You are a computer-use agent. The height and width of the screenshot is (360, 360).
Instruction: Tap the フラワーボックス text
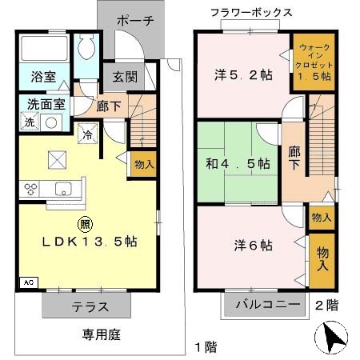coord(250,12)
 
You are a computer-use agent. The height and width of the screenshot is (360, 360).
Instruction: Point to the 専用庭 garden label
coord(99,334)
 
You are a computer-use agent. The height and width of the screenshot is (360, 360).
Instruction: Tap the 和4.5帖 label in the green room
coord(238,162)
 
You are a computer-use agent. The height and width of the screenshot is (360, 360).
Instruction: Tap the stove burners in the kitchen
coord(33,189)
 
